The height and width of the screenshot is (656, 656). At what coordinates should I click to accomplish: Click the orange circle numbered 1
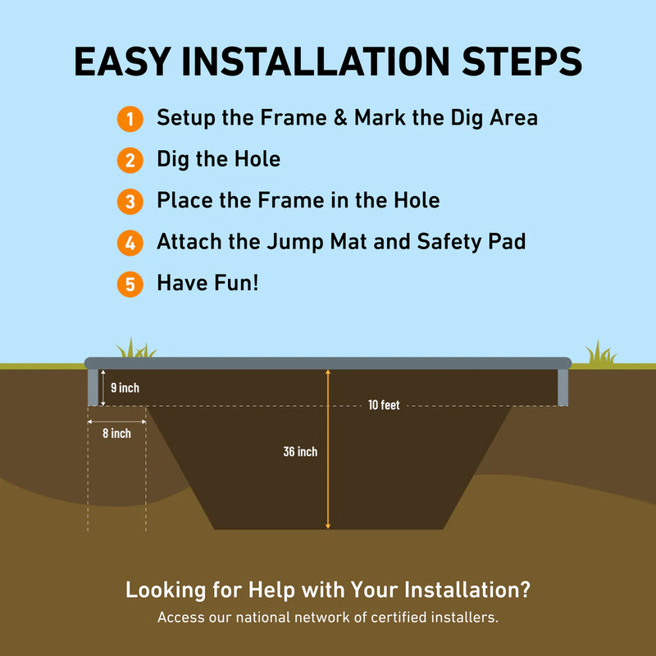(129, 119)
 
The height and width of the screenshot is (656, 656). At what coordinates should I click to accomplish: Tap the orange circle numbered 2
(129, 160)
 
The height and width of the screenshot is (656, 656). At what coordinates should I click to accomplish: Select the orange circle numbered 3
(129, 201)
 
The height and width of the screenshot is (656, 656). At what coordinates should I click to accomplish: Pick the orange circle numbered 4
(129, 243)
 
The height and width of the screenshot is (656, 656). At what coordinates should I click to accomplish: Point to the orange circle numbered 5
(129, 285)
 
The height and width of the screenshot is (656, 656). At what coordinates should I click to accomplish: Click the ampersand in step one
(339, 118)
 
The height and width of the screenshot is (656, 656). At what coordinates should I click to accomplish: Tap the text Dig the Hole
(218, 159)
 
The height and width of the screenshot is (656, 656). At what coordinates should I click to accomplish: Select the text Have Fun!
(207, 284)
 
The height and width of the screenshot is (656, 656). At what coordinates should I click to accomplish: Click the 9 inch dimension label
(125, 388)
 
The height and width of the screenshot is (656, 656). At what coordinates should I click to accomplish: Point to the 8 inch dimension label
(116, 433)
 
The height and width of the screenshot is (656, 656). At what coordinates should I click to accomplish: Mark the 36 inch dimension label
(300, 452)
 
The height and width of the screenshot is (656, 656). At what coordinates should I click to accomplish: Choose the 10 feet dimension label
(384, 405)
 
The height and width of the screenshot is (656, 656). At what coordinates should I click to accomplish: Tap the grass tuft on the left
(134, 349)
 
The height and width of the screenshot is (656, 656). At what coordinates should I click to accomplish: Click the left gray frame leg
(93, 387)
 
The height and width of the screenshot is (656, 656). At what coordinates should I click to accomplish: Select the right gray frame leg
(563, 387)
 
